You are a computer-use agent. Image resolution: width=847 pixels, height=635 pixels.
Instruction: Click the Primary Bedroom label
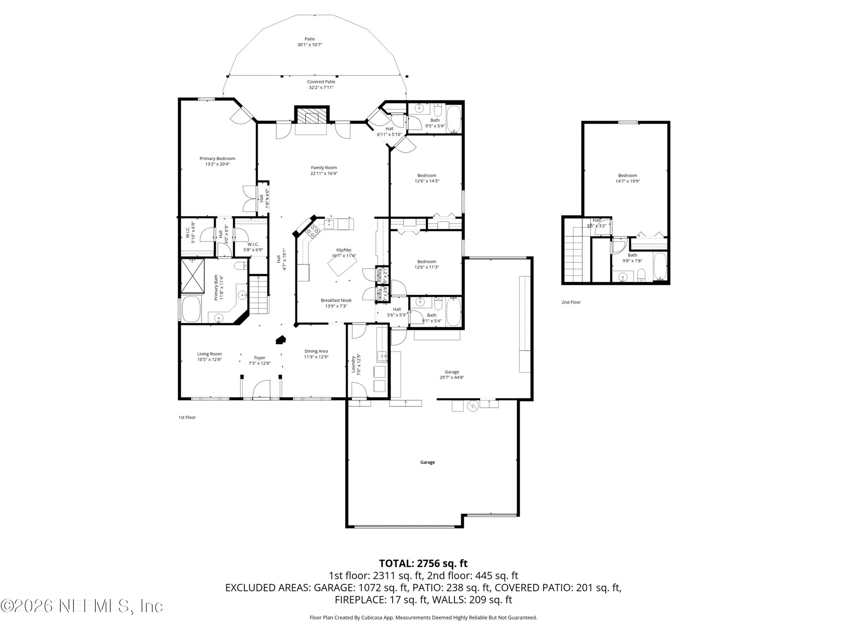pyautogui.click(x=217, y=158)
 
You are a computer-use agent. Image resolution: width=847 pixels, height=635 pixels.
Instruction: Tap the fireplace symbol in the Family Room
pyautogui.click(x=312, y=117)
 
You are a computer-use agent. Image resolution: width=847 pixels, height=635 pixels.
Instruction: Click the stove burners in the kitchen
pyautogui.click(x=313, y=231)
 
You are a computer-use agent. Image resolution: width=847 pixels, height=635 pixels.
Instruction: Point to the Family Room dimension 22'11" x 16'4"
pyautogui.click(x=324, y=173)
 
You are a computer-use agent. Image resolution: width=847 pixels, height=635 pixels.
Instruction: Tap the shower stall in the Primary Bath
pyautogui.click(x=193, y=276)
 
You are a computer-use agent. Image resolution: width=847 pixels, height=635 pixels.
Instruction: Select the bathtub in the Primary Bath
pyautogui.click(x=191, y=309)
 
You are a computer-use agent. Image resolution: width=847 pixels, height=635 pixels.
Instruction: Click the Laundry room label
pyautogui.click(x=353, y=365)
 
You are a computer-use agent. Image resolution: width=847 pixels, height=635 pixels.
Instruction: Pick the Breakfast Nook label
pyautogui.click(x=336, y=300)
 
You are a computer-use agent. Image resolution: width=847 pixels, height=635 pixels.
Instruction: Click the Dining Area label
pyautogui.click(x=316, y=351)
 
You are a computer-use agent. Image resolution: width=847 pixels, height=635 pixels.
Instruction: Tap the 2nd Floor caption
pyautogui.click(x=571, y=302)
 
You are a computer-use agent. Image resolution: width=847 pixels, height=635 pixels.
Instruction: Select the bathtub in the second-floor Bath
pyautogui.click(x=660, y=266)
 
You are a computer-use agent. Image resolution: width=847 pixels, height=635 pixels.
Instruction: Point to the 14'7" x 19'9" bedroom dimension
pyautogui.click(x=627, y=181)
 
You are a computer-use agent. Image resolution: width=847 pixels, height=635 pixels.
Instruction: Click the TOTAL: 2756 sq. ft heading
pyautogui.click(x=423, y=563)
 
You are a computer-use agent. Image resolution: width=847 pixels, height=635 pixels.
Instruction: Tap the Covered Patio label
pyautogui.click(x=321, y=82)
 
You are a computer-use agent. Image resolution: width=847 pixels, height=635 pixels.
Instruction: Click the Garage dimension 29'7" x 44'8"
pyautogui.click(x=452, y=377)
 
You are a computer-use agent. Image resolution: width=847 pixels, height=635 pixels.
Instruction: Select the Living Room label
pyautogui.click(x=209, y=354)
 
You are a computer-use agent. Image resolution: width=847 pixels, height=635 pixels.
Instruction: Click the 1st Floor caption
pyautogui.click(x=187, y=417)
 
